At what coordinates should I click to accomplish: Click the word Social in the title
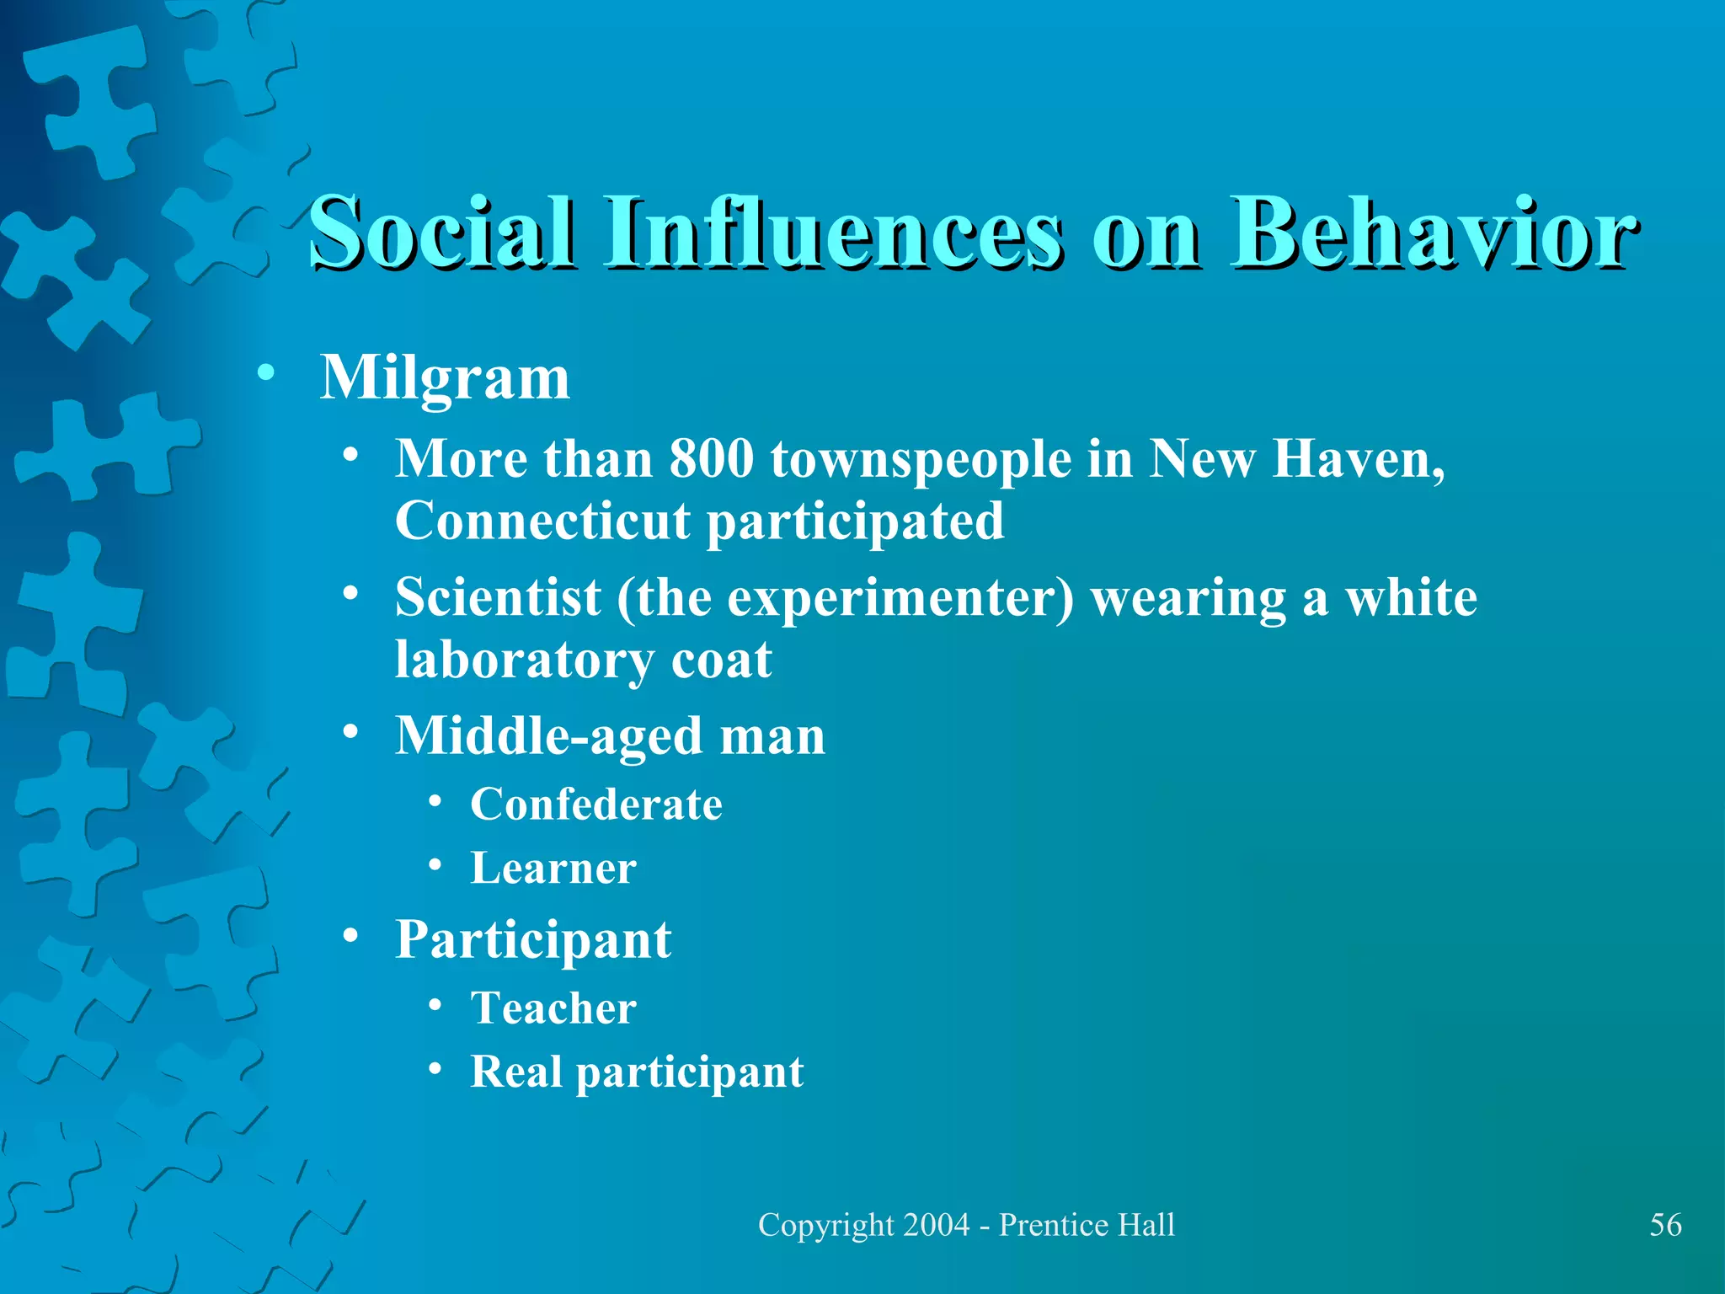[443, 232]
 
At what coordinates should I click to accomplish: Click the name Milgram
[445, 378]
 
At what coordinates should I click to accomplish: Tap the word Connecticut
[542, 521]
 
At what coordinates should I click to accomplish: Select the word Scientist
[498, 597]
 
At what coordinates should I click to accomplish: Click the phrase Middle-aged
[548, 736]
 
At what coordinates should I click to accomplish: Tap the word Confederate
[596, 805]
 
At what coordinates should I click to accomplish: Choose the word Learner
[553, 869]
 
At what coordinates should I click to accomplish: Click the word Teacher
[553, 1008]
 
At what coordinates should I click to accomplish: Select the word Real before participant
[515, 1072]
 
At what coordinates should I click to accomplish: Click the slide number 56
[1665, 1225]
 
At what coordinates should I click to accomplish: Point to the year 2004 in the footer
[936, 1225]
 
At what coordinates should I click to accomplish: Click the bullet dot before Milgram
[266, 373]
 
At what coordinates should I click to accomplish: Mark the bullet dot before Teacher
[435, 1004]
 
